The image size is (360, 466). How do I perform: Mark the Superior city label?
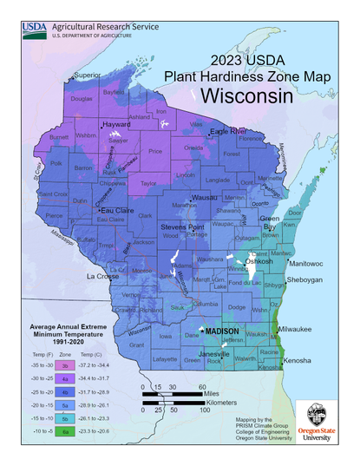click(x=88, y=75)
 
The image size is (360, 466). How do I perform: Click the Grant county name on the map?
click(x=136, y=345)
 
